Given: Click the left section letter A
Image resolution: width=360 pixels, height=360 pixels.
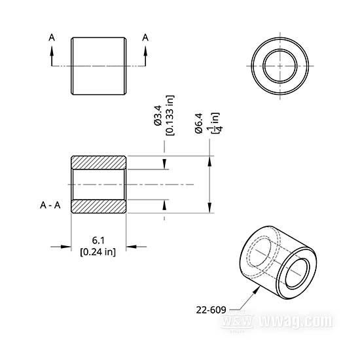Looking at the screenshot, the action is pyautogui.click(x=52, y=37).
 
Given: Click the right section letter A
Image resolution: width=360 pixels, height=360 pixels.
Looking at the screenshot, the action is pyautogui.click(x=145, y=37).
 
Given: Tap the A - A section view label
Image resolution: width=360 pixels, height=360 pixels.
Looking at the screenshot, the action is pyautogui.click(x=50, y=205).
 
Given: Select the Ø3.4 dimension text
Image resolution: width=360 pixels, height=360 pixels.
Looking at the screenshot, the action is pyautogui.click(x=158, y=115).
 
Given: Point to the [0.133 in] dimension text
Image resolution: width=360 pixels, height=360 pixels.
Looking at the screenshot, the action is pyautogui.click(x=170, y=115).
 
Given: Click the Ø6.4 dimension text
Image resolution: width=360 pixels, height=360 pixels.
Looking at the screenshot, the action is pyautogui.click(x=199, y=123).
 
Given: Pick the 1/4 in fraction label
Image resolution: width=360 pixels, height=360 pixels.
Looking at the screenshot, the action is pyautogui.click(x=215, y=122).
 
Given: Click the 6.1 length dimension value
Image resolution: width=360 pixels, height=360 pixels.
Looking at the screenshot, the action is pyautogui.click(x=98, y=240).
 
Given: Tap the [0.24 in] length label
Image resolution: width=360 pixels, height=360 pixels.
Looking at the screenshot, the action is pyautogui.click(x=98, y=252).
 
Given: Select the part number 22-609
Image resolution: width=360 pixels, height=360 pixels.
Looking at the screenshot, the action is pyautogui.click(x=211, y=310).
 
